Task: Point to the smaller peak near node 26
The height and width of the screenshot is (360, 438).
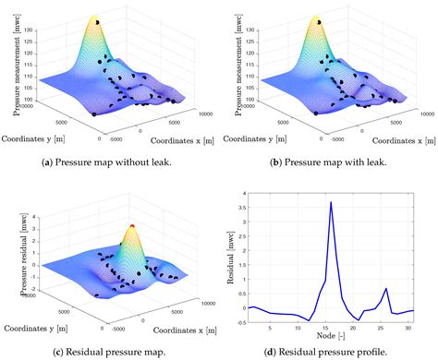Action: click(x=385, y=289)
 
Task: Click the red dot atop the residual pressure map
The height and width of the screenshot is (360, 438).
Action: click(x=131, y=223)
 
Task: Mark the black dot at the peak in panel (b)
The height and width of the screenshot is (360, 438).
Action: click(x=319, y=20)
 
